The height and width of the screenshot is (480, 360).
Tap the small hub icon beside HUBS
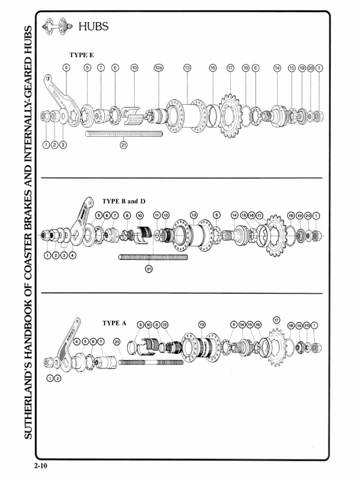(55, 26)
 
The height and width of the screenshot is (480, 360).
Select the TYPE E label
(82, 55)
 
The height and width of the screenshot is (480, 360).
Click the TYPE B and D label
(124, 201)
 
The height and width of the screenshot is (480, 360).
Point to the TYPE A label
(114, 323)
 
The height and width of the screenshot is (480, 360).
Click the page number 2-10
(41, 466)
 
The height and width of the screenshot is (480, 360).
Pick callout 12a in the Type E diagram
(158, 68)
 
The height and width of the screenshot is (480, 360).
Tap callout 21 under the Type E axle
(124, 145)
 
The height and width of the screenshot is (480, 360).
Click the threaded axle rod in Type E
(124, 134)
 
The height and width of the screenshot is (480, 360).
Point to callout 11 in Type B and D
(157, 215)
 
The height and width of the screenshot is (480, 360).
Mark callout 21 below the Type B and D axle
(149, 269)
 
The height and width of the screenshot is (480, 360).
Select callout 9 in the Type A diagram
(140, 324)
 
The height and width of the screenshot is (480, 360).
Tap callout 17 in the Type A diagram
(276, 320)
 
